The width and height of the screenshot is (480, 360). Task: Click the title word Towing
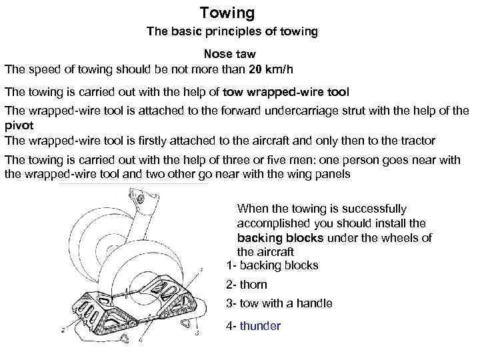[227, 13]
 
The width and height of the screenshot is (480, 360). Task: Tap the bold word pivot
[19, 125]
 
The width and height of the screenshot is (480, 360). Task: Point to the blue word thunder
[260, 326]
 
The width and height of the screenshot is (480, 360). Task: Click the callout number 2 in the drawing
[63, 329]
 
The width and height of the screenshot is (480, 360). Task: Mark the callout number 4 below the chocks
[141, 340]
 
